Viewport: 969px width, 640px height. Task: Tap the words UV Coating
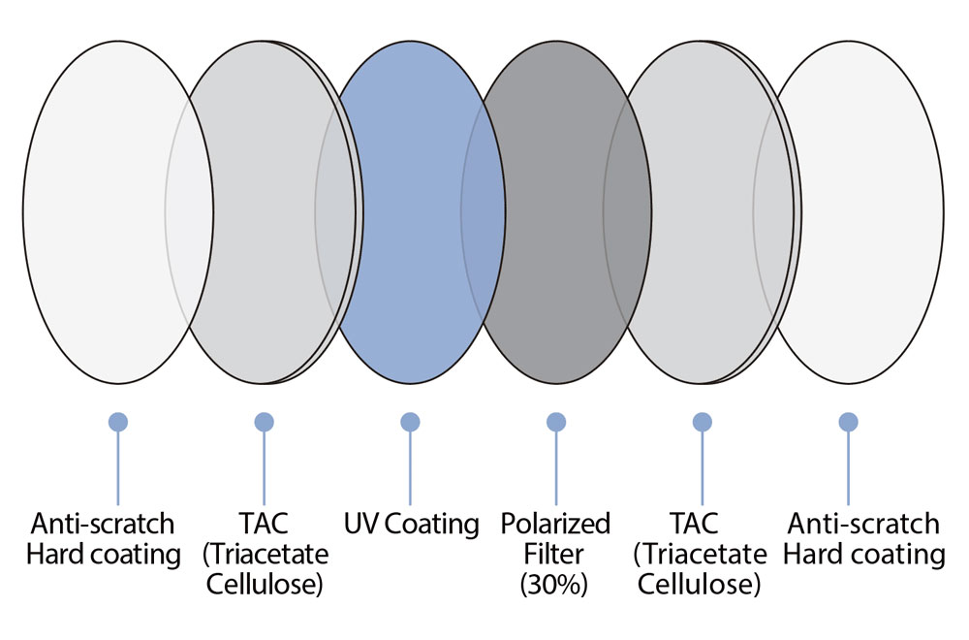pos(411,525)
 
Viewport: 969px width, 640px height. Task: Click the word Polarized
pos(555,525)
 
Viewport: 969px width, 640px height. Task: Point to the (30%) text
pos(553,584)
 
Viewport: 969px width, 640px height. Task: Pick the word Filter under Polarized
pos(553,554)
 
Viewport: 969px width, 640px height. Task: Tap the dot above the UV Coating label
pos(410,423)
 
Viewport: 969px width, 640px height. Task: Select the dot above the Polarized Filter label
pos(556,423)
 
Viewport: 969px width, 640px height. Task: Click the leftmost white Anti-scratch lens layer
pos(118,212)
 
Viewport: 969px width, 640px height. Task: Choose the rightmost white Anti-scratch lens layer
pos(849,212)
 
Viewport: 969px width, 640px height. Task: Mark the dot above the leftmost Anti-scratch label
pos(118,423)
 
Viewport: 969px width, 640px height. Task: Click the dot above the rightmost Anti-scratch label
pos(849,423)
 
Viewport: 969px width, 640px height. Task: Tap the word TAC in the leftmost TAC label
pos(264,524)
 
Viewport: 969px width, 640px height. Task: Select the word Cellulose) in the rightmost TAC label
pos(699,584)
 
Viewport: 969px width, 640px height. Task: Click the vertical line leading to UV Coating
pos(410,468)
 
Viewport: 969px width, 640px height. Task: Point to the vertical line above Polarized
pos(556,468)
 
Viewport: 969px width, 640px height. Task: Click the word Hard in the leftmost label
pos(55,554)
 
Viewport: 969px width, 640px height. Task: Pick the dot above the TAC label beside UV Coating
pos(264,423)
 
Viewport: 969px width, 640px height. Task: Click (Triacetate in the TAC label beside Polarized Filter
pos(701,554)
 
